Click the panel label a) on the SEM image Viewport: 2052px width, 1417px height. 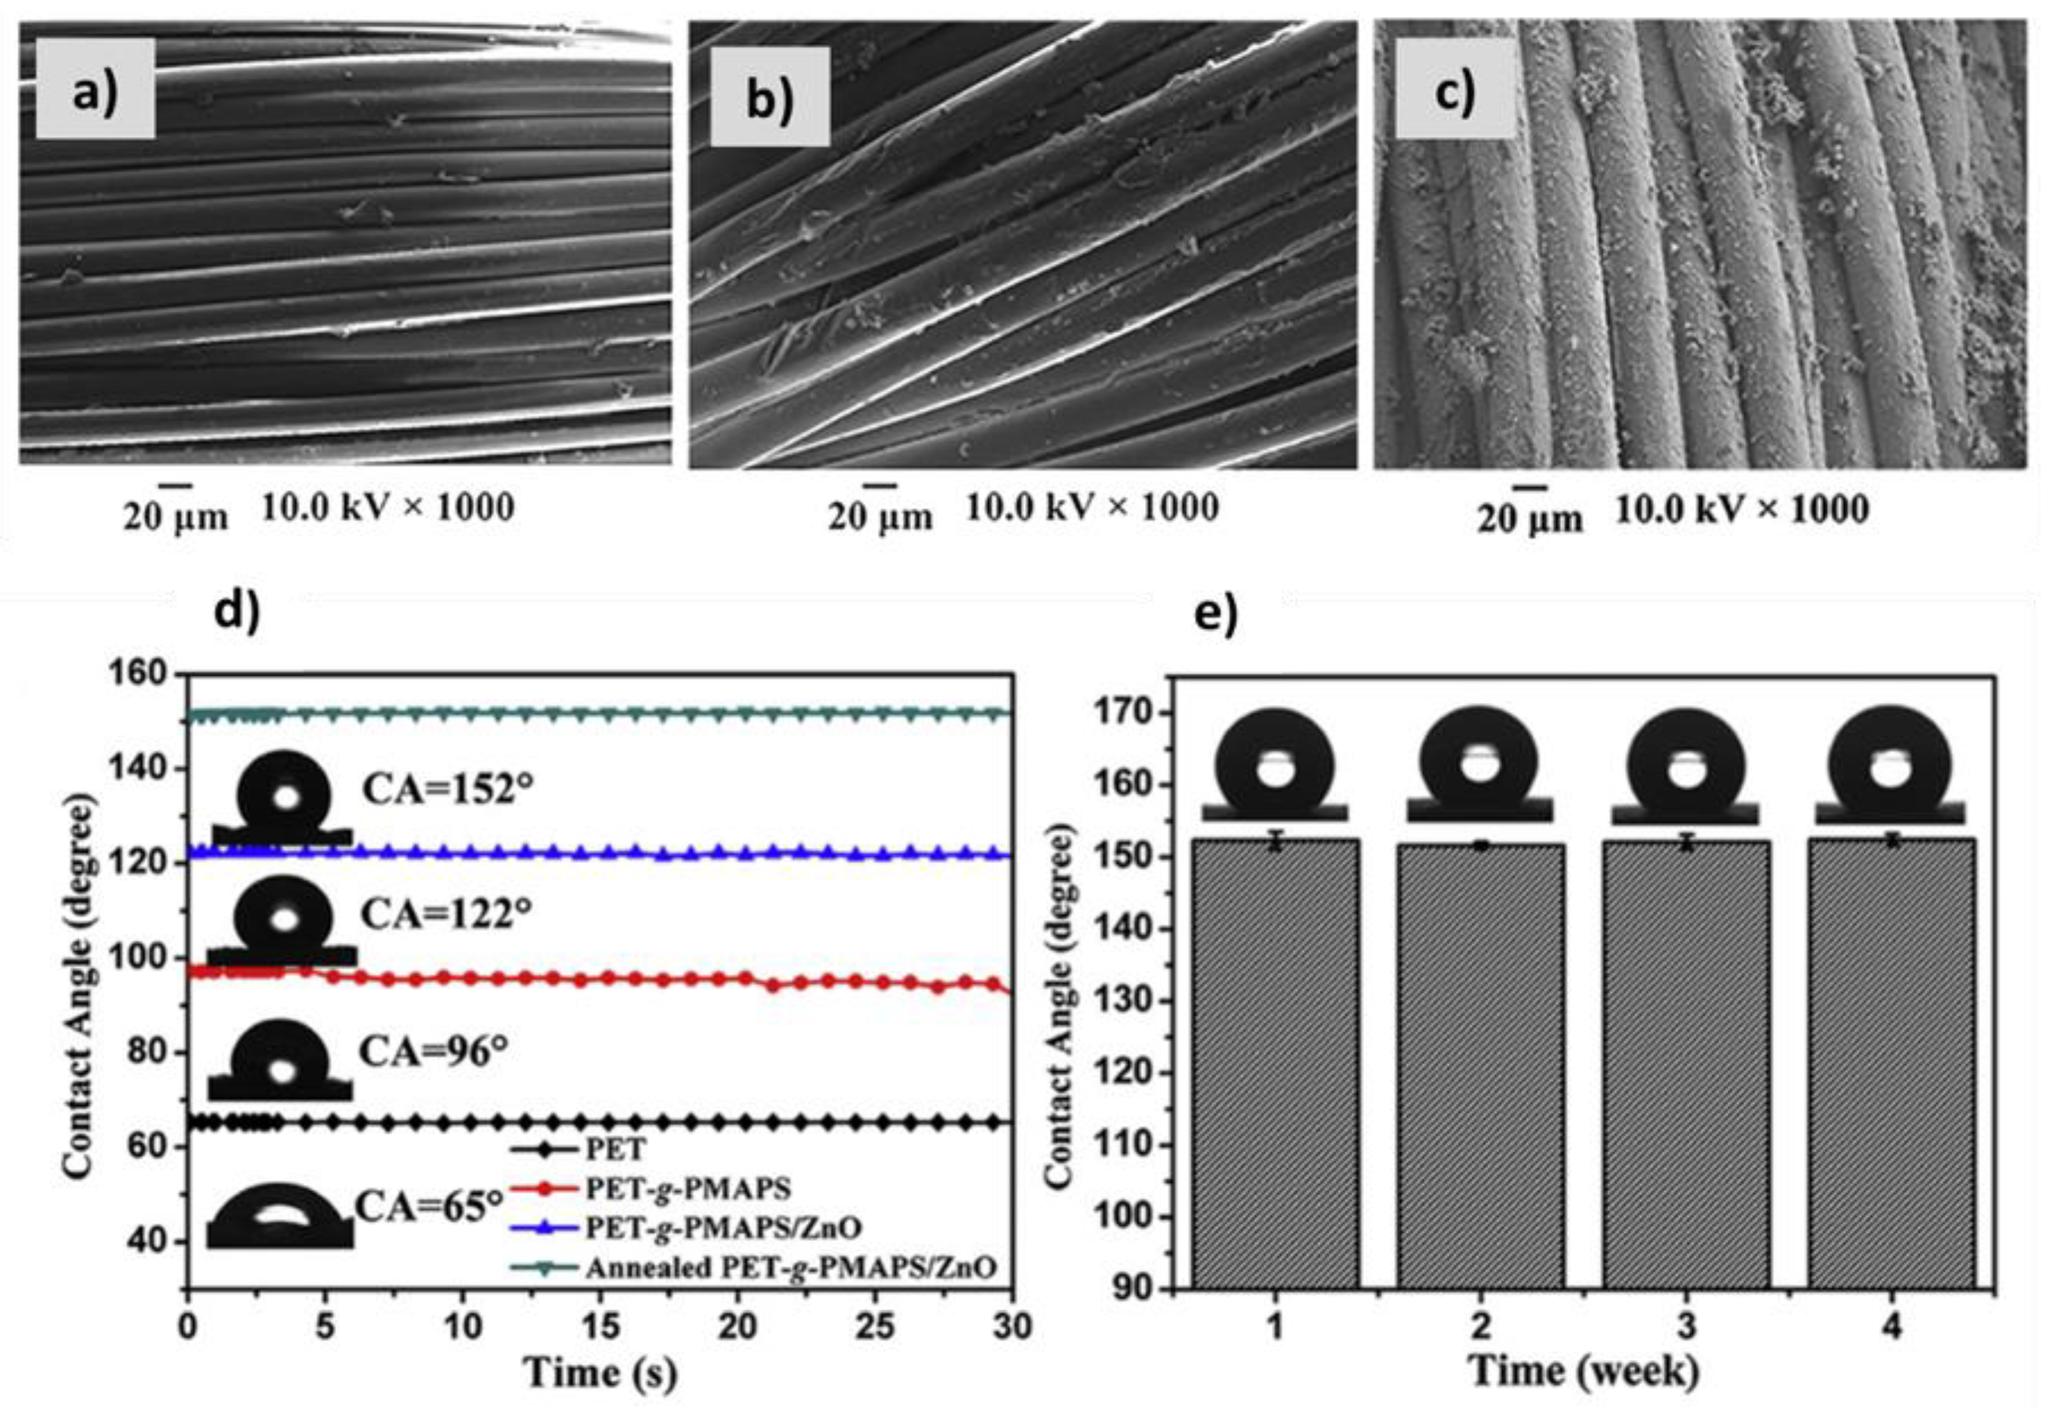pos(95,89)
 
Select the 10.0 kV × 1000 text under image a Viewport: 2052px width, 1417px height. pos(387,508)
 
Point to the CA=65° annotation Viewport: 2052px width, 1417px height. pos(430,1206)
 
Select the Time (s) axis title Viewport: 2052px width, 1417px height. pos(600,1372)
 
